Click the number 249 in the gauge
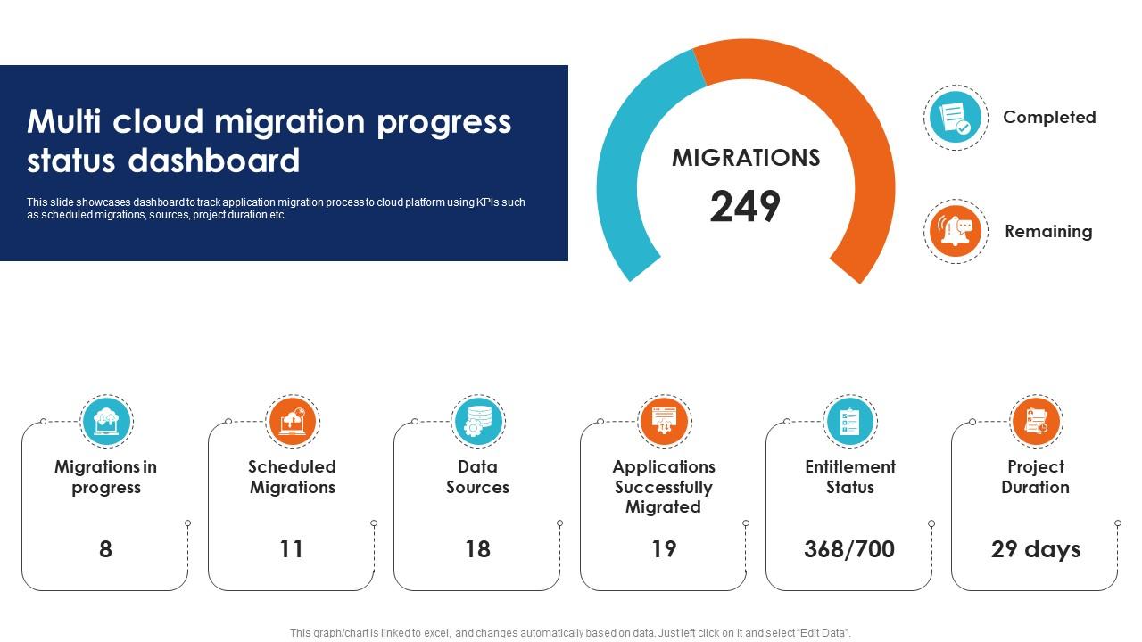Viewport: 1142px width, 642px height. point(745,207)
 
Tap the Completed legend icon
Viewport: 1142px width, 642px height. point(956,118)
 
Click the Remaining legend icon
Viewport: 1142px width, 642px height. point(956,231)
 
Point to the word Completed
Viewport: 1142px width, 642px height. point(1049,117)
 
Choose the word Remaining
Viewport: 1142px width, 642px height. point(1048,231)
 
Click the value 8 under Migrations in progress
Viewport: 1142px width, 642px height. point(105,549)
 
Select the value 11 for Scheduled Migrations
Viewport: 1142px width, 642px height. point(292,549)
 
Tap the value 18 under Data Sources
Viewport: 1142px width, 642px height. point(477,549)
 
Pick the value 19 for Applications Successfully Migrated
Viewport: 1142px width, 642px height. point(663,549)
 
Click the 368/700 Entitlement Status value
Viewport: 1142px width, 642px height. point(849,549)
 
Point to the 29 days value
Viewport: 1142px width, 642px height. point(1035,549)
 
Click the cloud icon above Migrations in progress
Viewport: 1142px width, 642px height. point(106,421)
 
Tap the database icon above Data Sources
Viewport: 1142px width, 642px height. point(478,421)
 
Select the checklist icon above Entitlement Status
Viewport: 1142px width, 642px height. point(849,421)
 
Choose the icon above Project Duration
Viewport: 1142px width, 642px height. point(1036,421)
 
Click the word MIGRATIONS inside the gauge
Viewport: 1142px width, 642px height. point(746,158)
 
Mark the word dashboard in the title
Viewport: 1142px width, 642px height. point(214,161)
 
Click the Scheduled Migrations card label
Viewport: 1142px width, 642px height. point(292,477)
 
